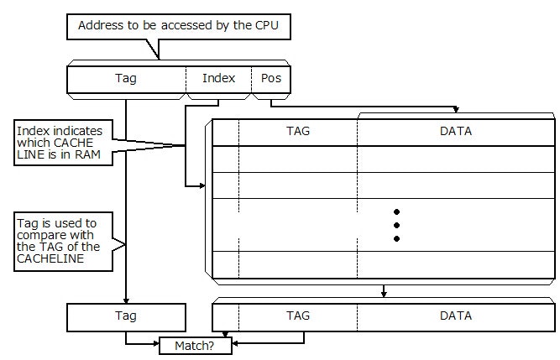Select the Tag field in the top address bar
[126, 79]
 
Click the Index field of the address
[218, 79]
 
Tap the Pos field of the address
[270, 79]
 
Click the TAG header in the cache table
[298, 132]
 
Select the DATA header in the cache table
[456, 132]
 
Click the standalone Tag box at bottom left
[126, 316]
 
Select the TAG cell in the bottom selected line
[298, 316]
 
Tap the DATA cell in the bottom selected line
[456, 316]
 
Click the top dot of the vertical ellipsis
[396, 211]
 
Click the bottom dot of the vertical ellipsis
[396, 239]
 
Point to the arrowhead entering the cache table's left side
[201, 185]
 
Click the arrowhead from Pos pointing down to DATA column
[456, 109]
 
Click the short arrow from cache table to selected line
[384, 291]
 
